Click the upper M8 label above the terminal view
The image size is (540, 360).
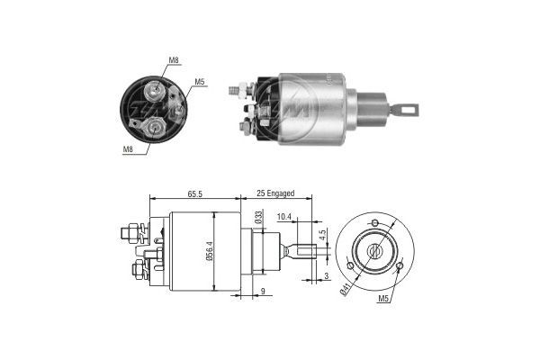(174, 62)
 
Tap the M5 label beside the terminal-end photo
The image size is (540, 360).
(200, 83)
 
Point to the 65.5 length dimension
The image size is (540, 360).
(193, 193)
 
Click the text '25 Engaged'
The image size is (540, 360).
(275, 193)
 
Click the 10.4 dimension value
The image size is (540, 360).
(284, 217)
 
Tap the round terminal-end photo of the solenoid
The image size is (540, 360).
(157, 109)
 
